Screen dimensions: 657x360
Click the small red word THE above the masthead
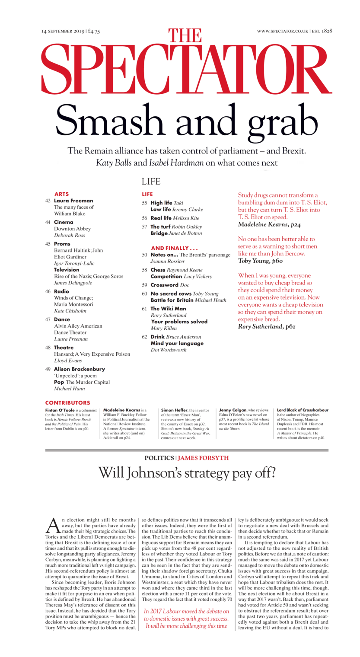(x=185, y=36)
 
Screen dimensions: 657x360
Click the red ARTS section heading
(x=61, y=194)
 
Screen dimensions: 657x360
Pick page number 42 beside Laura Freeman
(x=48, y=201)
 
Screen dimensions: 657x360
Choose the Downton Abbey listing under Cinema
(x=69, y=229)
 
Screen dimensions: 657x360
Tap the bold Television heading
(x=67, y=270)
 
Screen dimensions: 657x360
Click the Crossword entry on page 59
(x=164, y=285)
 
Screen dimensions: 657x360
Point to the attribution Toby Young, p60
(x=259, y=261)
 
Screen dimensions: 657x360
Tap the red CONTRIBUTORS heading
(x=68, y=402)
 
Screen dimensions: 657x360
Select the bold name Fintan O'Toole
(x=60, y=410)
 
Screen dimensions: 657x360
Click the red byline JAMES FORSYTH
(x=203, y=458)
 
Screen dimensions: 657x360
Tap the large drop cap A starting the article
(x=52, y=525)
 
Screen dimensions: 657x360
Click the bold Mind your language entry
(x=177, y=343)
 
